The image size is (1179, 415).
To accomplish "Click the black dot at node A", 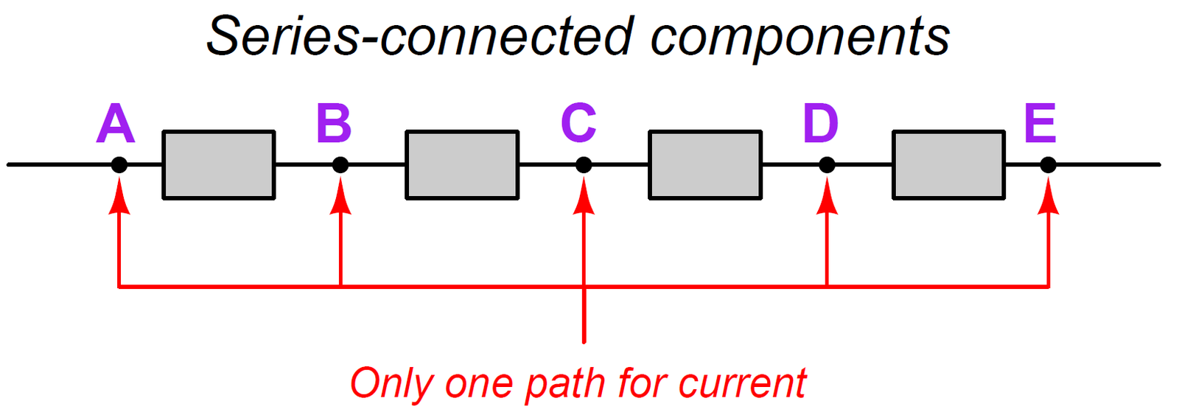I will tap(119, 165).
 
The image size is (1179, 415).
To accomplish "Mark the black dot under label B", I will tap(340, 165).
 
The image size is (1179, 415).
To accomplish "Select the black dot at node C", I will tap(584, 165).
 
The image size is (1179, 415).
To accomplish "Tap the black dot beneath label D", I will tap(827, 165).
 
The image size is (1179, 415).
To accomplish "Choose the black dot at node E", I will tap(1048, 165).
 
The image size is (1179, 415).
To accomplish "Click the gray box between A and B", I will tap(219, 165).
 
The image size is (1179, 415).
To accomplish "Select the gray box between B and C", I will tap(462, 165).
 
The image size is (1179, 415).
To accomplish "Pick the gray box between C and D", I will tap(705, 165).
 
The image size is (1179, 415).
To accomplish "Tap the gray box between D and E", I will tap(948, 165).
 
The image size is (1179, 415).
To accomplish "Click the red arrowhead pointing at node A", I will tap(119, 198).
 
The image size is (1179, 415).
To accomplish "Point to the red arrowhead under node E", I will tap(1048, 198).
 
